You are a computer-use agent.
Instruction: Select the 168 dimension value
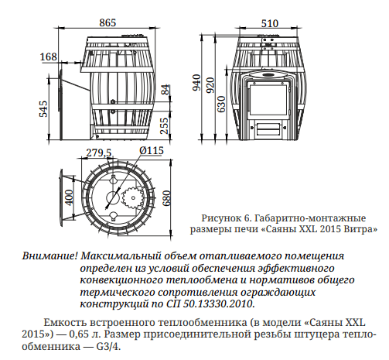(x=48, y=57)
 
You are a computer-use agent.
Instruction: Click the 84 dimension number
(x=165, y=91)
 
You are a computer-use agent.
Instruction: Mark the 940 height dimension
(x=196, y=83)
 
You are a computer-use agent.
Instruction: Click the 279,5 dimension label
(x=99, y=152)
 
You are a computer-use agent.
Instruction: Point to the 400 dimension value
(x=69, y=198)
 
